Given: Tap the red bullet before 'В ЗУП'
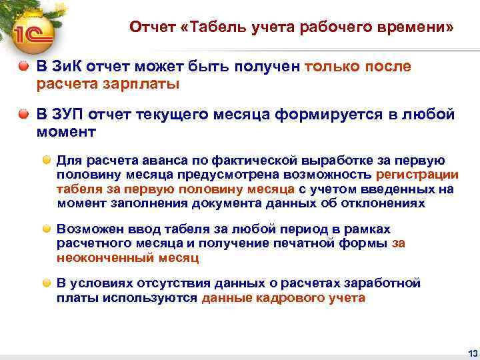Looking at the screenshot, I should point(23,114).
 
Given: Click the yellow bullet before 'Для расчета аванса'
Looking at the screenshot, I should point(48,161).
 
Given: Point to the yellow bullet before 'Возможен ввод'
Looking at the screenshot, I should point(48,229).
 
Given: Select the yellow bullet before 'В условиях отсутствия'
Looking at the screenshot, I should point(48,283).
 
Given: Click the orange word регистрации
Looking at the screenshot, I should point(417,175).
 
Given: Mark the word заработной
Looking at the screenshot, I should point(385,283).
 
